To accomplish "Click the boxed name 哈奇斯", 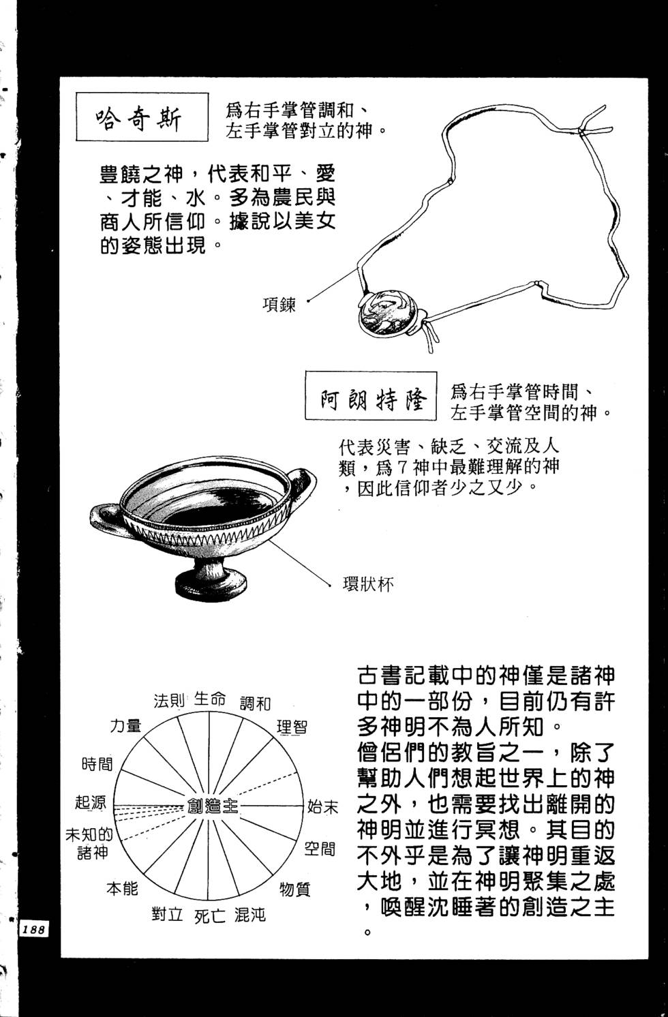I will (141, 117).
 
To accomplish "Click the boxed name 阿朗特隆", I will (369, 397).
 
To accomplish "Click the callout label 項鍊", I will (279, 304).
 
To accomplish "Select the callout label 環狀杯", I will (368, 584).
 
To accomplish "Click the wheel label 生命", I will (210, 699).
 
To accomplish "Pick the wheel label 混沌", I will (249, 915).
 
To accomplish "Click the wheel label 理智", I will (292, 727).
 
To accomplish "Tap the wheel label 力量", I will (126, 726).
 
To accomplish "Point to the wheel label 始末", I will (322, 807).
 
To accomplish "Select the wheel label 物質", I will (294, 889).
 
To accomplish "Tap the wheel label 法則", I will (169, 701).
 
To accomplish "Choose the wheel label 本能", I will (122, 888).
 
